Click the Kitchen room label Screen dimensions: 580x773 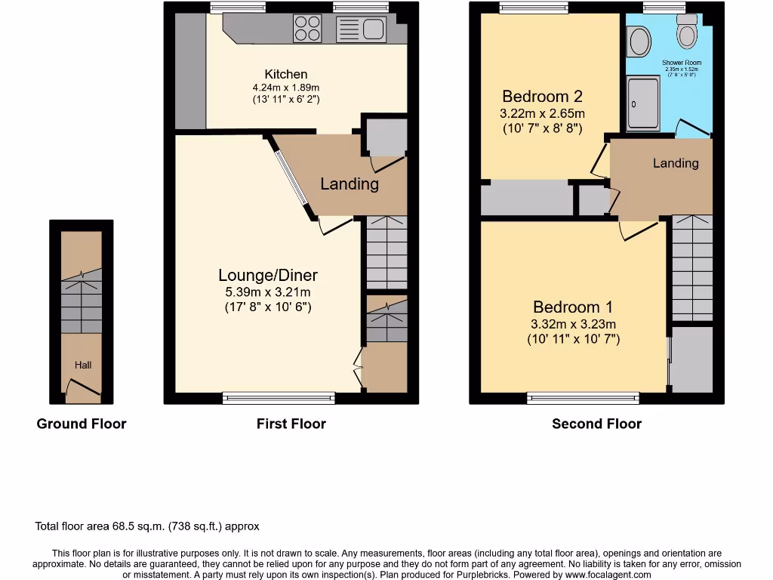click(x=286, y=74)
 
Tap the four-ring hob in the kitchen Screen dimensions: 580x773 click(x=306, y=28)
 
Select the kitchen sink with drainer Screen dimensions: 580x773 click(x=362, y=29)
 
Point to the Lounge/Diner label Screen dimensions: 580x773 click(x=268, y=275)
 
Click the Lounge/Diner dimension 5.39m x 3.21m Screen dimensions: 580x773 click(x=268, y=292)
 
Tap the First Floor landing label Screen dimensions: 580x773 click(x=350, y=184)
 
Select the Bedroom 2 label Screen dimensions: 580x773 click(x=542, y=97)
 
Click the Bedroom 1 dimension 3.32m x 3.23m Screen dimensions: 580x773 click(x=573, y=324)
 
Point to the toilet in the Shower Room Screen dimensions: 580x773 click(x=687, y=32)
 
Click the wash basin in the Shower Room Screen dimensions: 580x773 click(x=639, y=42)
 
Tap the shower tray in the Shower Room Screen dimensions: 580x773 click(x=643, y=103)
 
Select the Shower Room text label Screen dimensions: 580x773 click(x=682, y=63)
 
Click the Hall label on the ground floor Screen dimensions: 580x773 click(x=82, y=365)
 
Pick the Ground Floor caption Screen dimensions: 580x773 click(x=82, y=424)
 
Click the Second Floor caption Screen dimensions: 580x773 click(x=596, y=424)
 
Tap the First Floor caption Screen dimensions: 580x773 click(x=291, y=424)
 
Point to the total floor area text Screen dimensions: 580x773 click(x=147, y=526)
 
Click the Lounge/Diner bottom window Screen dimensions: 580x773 click(x=279, y=398)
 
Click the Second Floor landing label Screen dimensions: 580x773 click(x=676, y=163)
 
